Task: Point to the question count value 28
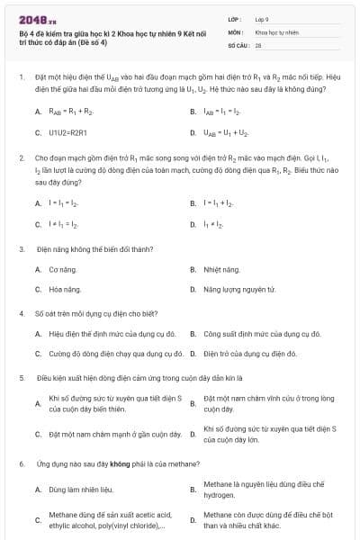click(x=258, y=44)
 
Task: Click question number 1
click(x=21, y=78)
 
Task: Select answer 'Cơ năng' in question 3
click(x=63, y=269)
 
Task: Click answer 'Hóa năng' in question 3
click(x=65, y=289)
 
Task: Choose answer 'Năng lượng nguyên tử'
click(x=238, y=289)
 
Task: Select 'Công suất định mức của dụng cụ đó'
click(x=256, y=334)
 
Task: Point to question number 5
click(x=21, y=378)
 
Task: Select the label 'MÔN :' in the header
click(x=236, y=31)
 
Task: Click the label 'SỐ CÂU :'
click(x=238, y=44)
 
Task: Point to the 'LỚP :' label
click(x=235, y=18)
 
